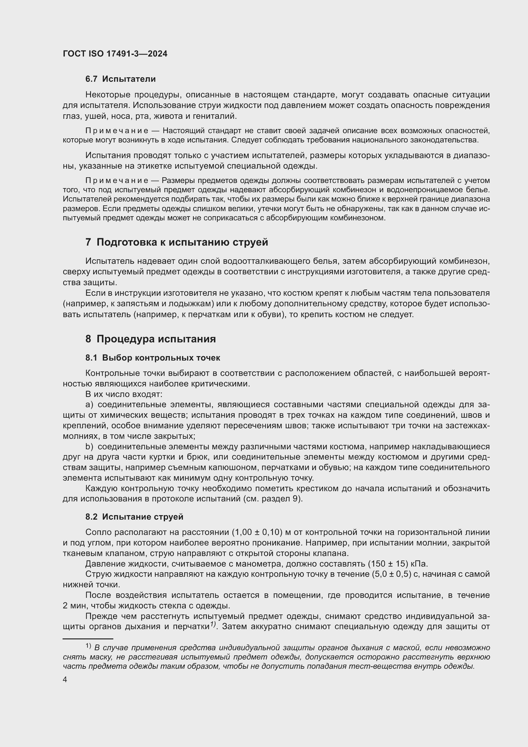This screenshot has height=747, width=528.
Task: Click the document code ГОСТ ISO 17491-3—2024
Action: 115,54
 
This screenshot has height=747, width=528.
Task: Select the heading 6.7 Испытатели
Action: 120,79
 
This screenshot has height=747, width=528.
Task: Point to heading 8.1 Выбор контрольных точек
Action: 153,358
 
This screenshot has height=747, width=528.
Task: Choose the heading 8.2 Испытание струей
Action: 134,517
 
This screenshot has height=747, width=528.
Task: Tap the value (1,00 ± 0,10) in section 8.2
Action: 257,532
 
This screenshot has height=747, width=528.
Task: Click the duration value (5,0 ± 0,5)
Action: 391,574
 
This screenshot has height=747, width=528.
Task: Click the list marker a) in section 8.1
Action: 89,405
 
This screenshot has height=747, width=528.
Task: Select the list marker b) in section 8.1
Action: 89,447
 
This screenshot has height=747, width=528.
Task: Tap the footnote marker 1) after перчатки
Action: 213,624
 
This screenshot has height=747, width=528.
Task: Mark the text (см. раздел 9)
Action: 273,499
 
